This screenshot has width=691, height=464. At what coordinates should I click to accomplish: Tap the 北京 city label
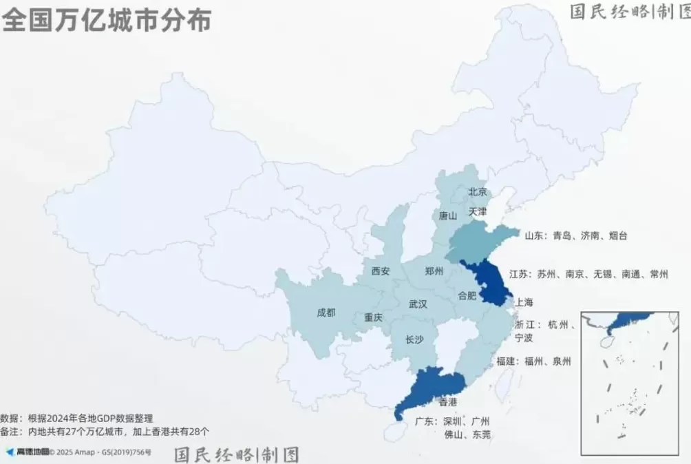[478, 192]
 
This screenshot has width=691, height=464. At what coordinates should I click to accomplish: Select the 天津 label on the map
[478, 211]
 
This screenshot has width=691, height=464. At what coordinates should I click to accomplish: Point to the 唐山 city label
[448, 215]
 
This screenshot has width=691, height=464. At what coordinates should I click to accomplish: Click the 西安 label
[381, 271]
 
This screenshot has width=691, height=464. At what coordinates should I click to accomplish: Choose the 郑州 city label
[434, 271]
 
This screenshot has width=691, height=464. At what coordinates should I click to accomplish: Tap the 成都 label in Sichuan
[326, 313]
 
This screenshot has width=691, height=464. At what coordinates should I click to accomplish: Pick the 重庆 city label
[373, 318]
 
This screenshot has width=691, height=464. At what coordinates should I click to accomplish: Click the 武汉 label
[418, 304]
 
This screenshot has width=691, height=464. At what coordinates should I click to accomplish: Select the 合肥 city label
[467, 296]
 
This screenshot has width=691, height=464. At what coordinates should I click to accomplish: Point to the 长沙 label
[414, 339]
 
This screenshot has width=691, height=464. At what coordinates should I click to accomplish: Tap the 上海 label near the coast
[524, 302]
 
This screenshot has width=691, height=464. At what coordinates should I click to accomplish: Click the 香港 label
[447, 401]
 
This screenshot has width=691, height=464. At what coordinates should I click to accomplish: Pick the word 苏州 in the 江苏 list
[547, 274]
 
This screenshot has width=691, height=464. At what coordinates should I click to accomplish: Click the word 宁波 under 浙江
[524, 337]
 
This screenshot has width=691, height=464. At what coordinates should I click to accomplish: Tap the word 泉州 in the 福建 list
[561, 361]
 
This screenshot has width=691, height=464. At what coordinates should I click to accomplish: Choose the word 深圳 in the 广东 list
[452, 421]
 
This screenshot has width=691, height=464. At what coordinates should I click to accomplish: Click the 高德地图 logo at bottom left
[28, 452]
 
